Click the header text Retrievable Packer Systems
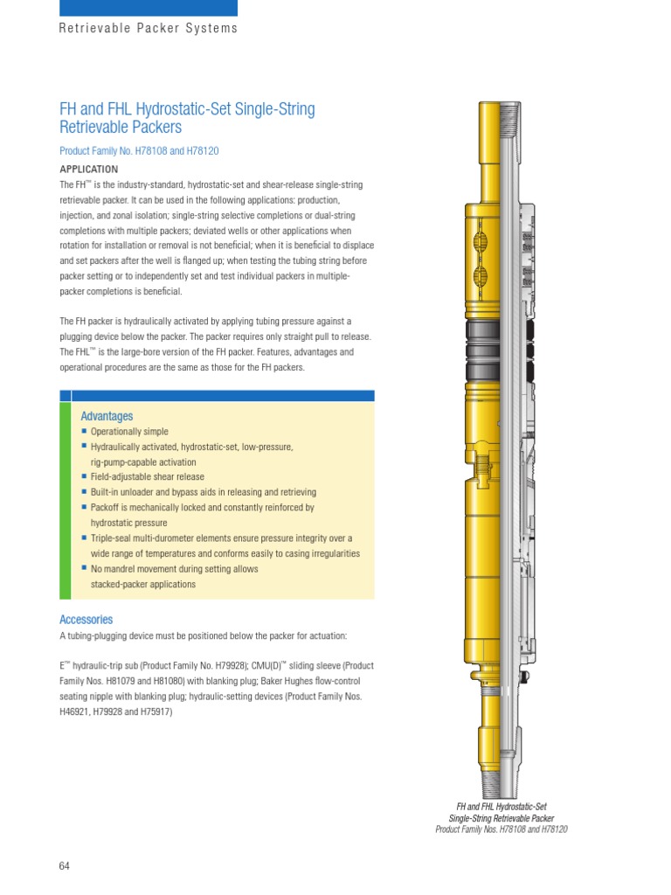coord(148,28)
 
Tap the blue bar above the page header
coord(148,8)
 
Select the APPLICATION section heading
coord(88,169)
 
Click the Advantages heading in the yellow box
coord(107,416)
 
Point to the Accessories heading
coord(86,620)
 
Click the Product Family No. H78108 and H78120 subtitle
coord(138,151)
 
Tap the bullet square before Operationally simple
coord(85,432)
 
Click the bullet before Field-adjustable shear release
coord(85,477)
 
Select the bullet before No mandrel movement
coord(85,569)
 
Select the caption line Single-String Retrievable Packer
coord(502,818)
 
